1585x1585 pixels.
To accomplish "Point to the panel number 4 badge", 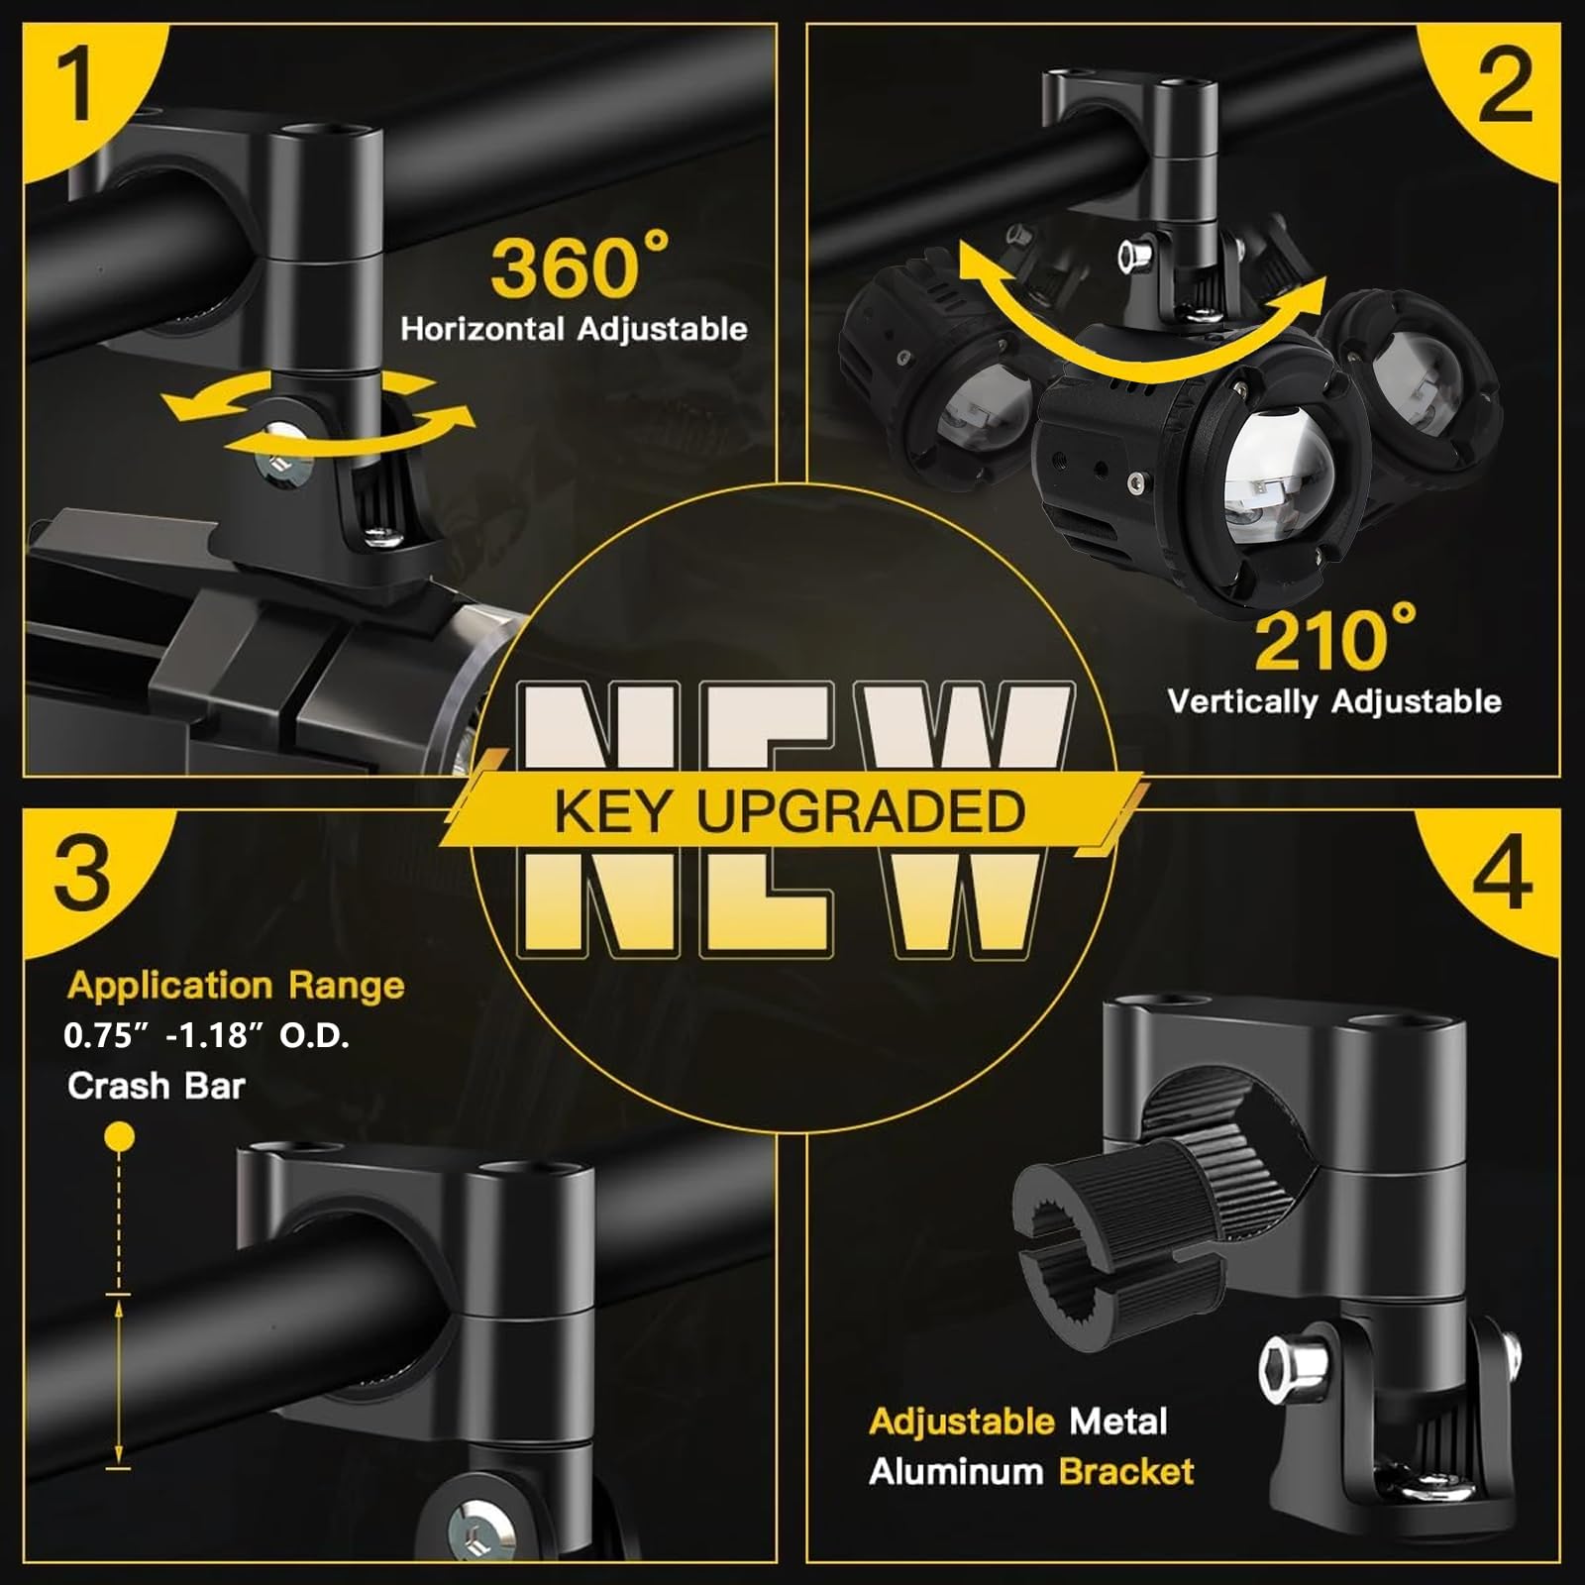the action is click(x=1502, y=872).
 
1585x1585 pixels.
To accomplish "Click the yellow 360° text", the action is click(x=580, y=264).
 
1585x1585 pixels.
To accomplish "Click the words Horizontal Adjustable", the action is click(x=574, y=329).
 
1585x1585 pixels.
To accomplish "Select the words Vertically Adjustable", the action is click(x=1334, y=701).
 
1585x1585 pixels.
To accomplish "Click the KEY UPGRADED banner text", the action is click(x=790, y=811).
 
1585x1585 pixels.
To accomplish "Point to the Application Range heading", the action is click(x=236, y=987).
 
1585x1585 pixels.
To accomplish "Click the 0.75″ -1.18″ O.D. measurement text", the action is click(x=206, y=1036).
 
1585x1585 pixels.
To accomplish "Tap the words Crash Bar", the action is click(x=156, y=1086).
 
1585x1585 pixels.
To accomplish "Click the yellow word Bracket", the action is click(x=1126, y=1472).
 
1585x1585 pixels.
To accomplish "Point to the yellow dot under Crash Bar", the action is click(x=120, y=1136).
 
